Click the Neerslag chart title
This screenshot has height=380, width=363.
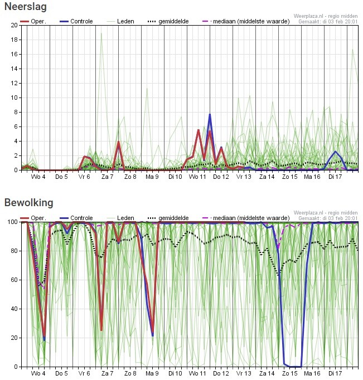(x=26, y=7)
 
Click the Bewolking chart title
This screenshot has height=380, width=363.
(x=29, y=202)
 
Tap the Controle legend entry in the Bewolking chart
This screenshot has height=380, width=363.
(x=81, y=218)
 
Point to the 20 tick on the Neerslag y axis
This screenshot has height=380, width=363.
(x=14, y=25)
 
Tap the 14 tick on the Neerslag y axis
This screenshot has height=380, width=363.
(x=14, y=69)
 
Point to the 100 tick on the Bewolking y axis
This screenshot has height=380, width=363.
(x=12, y=222)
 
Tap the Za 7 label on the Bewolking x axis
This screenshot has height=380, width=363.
(x=108, y=374)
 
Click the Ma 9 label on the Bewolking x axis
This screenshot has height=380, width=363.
(x=152, y=374)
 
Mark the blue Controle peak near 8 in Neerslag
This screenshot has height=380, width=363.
(x=210, y=114)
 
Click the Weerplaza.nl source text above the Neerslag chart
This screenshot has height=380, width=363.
(x=326, y=16)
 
